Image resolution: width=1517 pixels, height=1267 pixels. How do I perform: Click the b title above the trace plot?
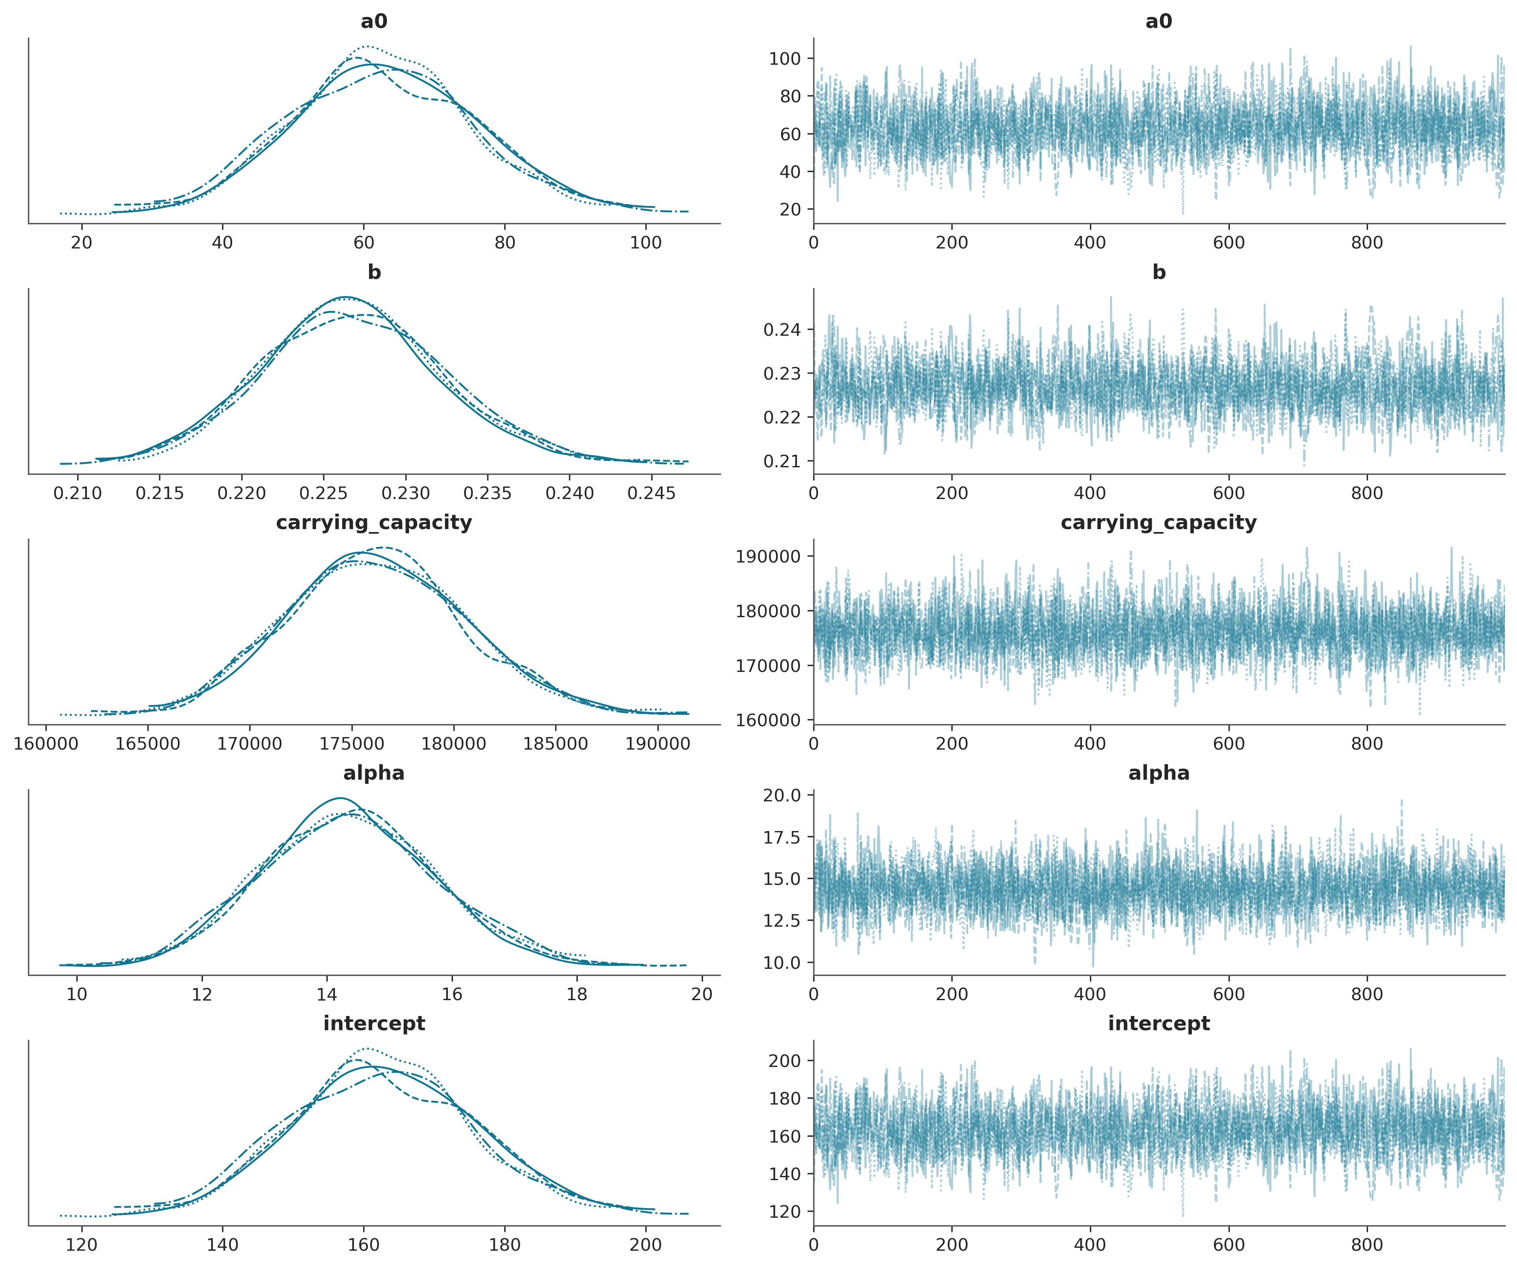pos(1159,272)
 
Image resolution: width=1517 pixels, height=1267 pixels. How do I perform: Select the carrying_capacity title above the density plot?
pos(374,522)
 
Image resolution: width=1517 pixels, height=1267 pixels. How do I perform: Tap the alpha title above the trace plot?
pos(1159,773)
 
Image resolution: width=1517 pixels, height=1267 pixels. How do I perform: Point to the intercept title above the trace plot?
pos(1159,1024)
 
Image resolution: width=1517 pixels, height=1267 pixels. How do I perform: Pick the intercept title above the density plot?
pos(374,1024)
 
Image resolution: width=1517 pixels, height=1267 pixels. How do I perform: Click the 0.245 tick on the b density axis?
pos(652,494)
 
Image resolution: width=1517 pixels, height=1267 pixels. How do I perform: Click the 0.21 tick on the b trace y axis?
pos(783,461)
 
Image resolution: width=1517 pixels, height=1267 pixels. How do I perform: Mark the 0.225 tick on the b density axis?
pos(324,494)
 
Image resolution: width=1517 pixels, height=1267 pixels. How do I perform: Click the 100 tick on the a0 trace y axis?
pos(785,58)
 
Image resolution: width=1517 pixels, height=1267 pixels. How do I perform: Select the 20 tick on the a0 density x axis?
pos(82,243)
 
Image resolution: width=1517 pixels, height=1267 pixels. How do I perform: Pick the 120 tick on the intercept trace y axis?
pos(785,1211)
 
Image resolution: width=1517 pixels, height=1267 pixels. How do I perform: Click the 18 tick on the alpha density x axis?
pos(576,995)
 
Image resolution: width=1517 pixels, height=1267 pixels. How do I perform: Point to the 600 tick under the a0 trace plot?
pos(1229,243)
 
